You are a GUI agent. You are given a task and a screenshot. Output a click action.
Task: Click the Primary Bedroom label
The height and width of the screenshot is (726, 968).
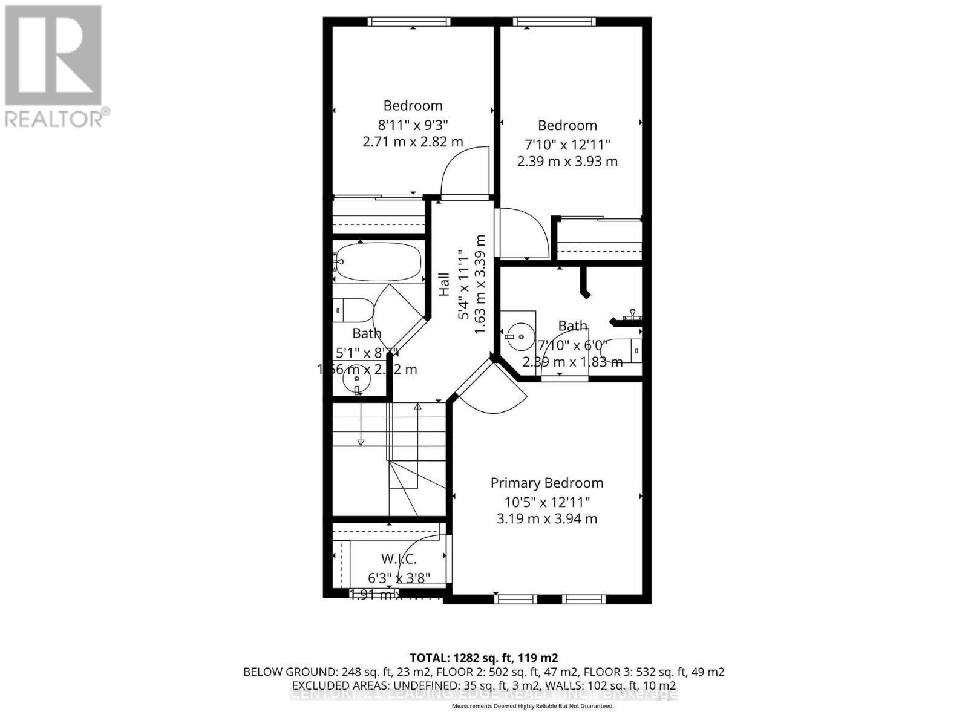point(546,483)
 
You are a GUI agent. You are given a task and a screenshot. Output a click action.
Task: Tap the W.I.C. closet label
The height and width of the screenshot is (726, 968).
point(399,558)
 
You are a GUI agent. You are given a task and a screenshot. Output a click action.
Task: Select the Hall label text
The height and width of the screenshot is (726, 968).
point(444,284)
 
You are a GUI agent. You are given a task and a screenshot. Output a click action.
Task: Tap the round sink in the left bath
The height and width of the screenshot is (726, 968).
point(357,380)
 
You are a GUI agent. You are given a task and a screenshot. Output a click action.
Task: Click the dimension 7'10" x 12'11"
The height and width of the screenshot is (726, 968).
point(567,145)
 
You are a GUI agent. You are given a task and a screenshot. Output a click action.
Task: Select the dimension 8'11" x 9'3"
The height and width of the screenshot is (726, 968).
point(413,125)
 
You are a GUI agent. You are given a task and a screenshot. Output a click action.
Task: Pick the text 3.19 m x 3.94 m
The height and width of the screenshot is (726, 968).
point(546,518)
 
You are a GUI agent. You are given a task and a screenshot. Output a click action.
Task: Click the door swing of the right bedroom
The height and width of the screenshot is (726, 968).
point(522,233)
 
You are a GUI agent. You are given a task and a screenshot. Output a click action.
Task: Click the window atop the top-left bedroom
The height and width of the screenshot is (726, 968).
point(409,22)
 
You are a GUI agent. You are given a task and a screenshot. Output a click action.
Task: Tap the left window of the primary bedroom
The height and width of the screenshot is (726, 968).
point(515,599)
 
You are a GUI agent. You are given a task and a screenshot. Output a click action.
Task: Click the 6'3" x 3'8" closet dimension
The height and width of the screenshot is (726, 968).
point(399,578)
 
